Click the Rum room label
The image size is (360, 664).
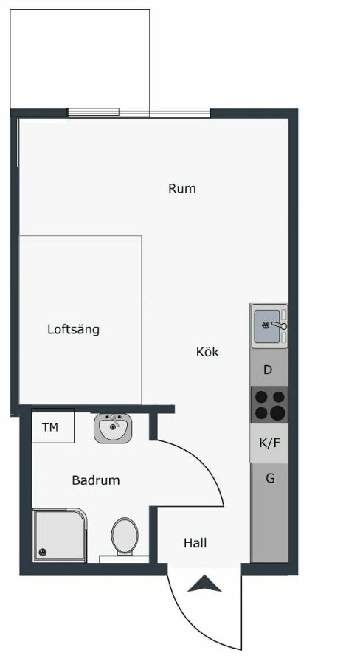tap(182, 188)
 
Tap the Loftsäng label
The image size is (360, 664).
tap(73, 330)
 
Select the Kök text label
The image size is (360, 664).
tap(207, 352)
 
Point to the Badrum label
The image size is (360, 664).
tap(96, 480)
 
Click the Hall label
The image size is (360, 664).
tap(195, 543)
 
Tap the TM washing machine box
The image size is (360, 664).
tap(53, 426)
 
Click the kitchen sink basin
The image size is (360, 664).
tap(267, 325)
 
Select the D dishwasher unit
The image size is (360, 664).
tap(269, 370)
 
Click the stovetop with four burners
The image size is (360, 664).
tap(269, 405)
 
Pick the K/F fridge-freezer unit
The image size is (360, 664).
tap(269, 443)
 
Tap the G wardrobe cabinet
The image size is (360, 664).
tap(269, 513)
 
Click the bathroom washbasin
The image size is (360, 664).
tap(113, 428)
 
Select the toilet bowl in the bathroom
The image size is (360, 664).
tap(125, 536)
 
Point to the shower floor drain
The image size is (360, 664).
tap(42, 552)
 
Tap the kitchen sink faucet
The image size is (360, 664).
tap(280, 325)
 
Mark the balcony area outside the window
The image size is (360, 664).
tap(80, 59)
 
